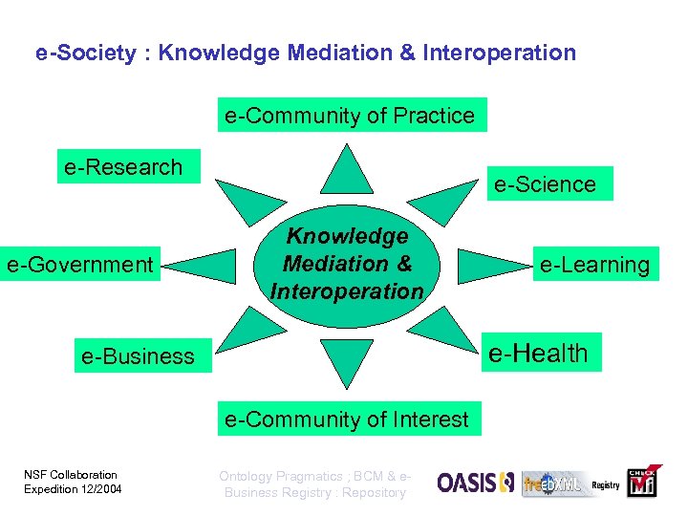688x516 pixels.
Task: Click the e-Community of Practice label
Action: click(350, 116)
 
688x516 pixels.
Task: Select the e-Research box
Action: click(123, 167)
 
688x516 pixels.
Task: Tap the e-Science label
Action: click(545, 184)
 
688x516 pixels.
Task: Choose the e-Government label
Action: click(80, 264)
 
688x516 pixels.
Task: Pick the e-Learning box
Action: click(593, 265)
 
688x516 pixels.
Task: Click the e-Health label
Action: click(538, 354)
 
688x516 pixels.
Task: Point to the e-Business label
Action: click(138, 356)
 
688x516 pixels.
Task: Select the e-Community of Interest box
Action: click(346, 419)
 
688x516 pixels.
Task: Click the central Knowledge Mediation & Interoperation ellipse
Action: click(347, 264)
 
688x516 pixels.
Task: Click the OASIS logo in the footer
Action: click(475, 484)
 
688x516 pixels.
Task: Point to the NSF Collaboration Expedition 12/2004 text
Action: click(71, 483)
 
